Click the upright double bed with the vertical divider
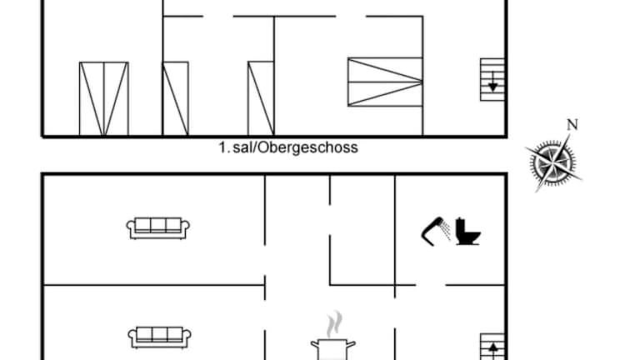tap(104, 99)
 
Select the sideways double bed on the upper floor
tap(385, 82)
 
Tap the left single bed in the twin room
tap(176, 98)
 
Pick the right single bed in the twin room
tap(261, 98)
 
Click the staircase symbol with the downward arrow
tap(492, 80)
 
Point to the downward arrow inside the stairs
tap(493, 82)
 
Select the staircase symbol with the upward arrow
tap(492, 347)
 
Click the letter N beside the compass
tap(572, 125)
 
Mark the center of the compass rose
tap(553, 162)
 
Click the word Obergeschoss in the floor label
tap(307, 147)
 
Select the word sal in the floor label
tap(243, 147)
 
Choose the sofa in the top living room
tap(158, 228)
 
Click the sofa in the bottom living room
tap(160, 337)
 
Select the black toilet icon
tap(467, 232)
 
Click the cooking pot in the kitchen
tap(333, 349)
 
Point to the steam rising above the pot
tap(335, 324)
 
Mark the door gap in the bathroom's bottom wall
tap(431, 285)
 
